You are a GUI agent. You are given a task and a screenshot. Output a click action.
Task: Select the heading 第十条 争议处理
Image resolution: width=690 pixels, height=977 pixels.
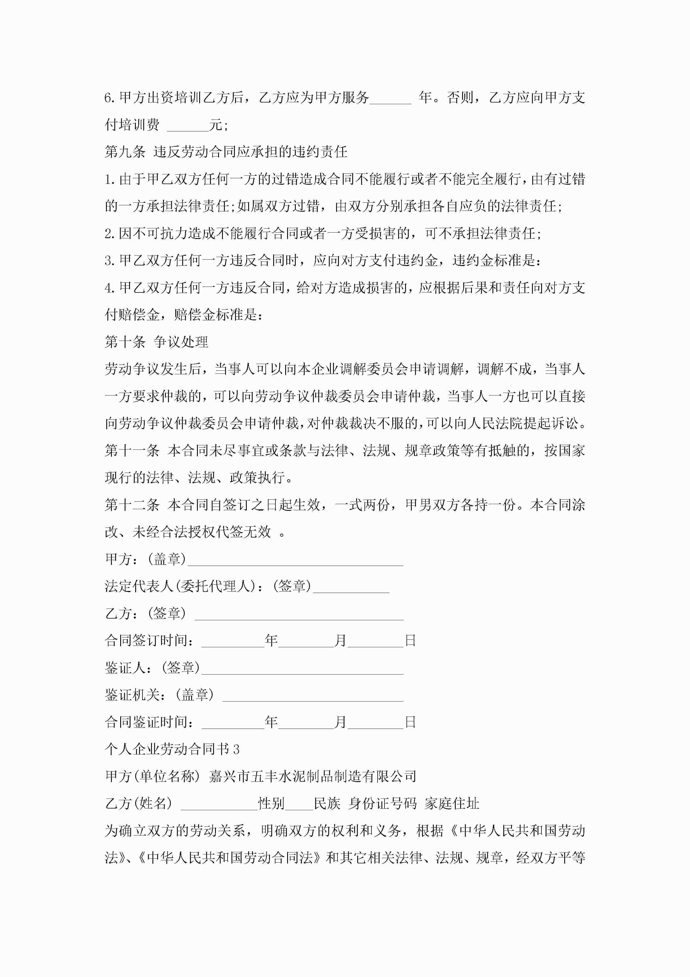[156, 342]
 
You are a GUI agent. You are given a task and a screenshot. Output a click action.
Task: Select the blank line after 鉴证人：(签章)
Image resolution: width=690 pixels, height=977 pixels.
[302, 669]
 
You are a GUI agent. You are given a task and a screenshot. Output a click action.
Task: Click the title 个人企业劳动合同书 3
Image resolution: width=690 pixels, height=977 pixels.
[172, 749]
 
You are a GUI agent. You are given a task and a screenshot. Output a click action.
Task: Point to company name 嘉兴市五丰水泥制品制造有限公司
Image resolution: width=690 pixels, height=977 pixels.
[312, 776]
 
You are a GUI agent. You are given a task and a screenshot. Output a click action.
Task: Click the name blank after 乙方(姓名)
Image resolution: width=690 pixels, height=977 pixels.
[219, 804]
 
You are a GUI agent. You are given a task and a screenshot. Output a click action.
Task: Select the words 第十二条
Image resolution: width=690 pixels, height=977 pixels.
[132, 505]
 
